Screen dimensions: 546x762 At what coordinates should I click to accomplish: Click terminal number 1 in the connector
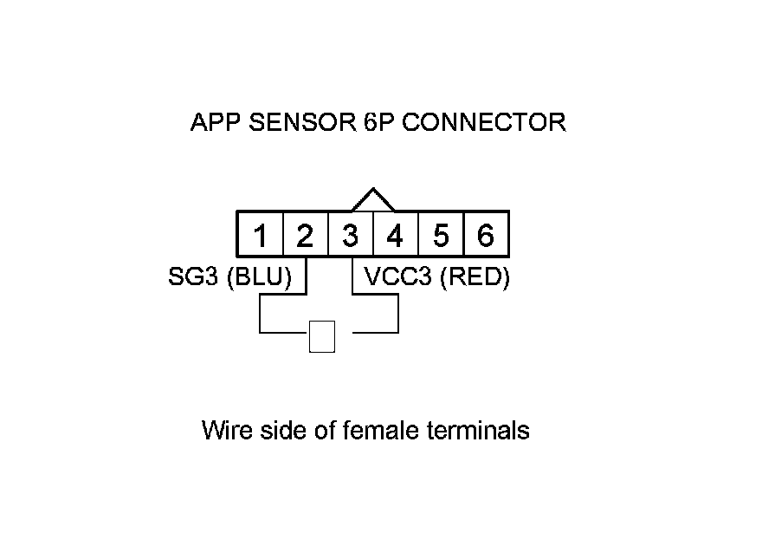coord(261,235)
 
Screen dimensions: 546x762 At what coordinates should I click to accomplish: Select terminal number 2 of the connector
coord(305,235)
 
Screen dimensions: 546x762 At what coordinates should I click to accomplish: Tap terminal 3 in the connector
coord(350,235)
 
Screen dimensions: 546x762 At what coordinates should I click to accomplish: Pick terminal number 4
coord(395,235)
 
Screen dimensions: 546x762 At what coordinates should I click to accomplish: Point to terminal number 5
coord(441,235)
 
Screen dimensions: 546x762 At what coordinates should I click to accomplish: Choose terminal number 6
coord(486,235)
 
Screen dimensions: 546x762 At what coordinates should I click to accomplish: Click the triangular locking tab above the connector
coord(373,200)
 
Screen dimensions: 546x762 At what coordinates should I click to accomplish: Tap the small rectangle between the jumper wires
coord(322,336)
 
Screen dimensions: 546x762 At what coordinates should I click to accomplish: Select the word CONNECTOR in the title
coord(484,122)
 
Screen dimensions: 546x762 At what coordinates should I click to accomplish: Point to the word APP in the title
coord(215,122)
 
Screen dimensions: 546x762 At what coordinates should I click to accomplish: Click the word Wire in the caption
coord(226,430)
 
